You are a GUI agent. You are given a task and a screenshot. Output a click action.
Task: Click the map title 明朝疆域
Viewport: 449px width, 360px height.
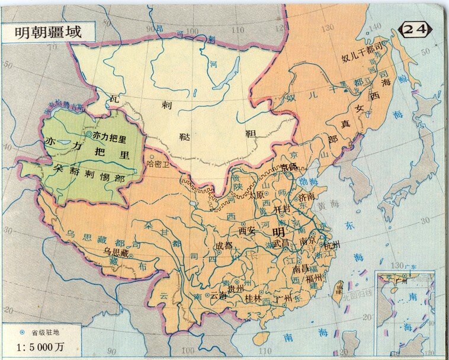tap(48, 32)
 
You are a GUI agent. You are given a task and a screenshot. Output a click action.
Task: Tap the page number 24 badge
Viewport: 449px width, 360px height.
tap(417, 28)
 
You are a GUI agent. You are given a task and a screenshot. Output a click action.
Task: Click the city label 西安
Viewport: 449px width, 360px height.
tap(247, 230)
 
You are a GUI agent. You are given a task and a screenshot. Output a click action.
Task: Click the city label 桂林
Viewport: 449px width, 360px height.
tap(253, 298)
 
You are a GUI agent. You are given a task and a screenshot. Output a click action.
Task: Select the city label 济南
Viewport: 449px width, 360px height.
tap(307, 197)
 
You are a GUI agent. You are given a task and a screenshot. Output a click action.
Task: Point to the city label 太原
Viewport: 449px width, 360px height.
tap(256, 195)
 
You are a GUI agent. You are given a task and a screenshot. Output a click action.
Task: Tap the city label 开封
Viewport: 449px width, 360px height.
tap(282, 210)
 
